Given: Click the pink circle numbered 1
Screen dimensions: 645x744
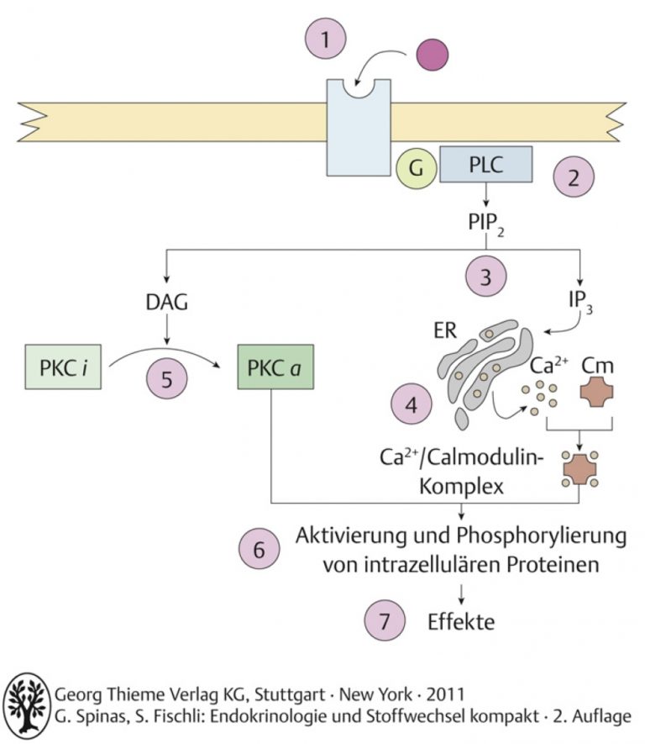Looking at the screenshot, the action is click(x=326, y=39).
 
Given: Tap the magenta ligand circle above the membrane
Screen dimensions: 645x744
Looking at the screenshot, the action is click(x=433, y=55).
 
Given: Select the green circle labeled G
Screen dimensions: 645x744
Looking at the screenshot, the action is click(x=416, y=168).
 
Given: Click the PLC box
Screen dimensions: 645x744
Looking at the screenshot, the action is click(x=485, y=164).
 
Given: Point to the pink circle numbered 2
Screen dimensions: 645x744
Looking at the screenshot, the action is click(x=574, y=177).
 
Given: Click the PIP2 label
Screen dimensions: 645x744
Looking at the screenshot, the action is click(x=486, y=224).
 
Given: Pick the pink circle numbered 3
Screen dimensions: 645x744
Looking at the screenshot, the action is click(x=485, y=276).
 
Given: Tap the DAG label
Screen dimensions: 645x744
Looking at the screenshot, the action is click(x=166, y=303).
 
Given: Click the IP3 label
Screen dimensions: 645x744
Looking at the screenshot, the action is click(x=580, y=301).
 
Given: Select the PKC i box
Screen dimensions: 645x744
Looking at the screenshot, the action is click(x=63, y=367).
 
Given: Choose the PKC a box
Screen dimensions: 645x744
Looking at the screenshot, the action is click(x=275, y=367).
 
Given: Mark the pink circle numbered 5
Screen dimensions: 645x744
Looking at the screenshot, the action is click(x=167, y=378).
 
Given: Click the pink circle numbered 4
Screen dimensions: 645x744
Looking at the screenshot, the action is click(x=412, y=404).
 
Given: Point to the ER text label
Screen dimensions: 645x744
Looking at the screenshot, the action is click(x=445, y=330).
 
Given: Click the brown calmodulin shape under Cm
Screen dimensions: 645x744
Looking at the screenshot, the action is click(x=596, y=392).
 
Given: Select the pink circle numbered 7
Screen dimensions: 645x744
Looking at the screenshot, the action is click(x=385, y=620).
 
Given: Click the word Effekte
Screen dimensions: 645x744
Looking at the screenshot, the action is click(x=461, y=621).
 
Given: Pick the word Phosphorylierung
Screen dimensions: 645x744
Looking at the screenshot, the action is click(x=542, y=536).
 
